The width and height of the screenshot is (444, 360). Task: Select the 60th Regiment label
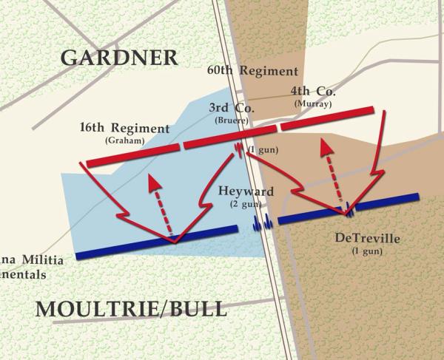(x=252, y=72)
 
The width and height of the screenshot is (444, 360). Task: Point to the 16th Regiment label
(x=124, y=129)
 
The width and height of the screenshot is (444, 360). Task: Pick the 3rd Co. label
(x=232, y=108)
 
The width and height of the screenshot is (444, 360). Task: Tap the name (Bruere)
(x=232, y=120)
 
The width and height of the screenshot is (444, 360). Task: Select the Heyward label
(x=246, y=191)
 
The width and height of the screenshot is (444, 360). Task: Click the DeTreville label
(x=367, y=238)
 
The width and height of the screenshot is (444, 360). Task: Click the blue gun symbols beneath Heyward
(x=263, y=223)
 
